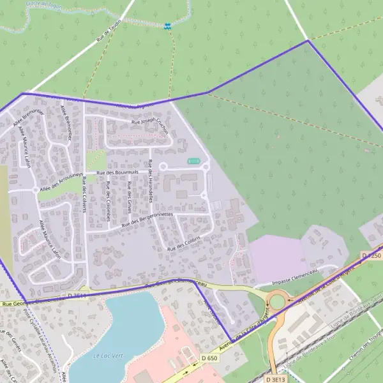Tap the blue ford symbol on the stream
click(x=167, y=26)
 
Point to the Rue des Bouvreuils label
click(x=118, y=172)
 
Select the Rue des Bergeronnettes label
click(x=147, y=220)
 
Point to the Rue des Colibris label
click(x=183, y=243)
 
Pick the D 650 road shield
click(x=209, y=359)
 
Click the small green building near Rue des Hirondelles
click(x=194, y=161)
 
